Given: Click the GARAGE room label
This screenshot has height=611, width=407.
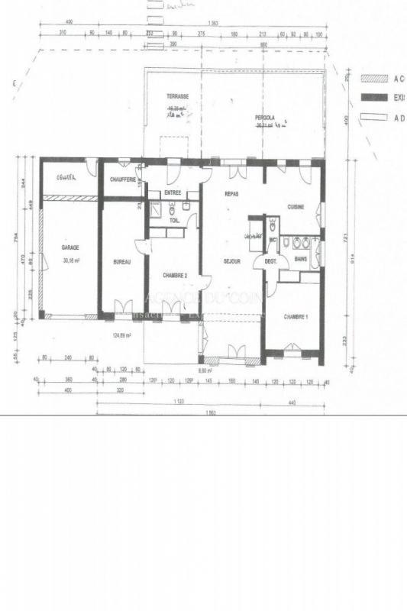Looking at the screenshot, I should tap(70, 247).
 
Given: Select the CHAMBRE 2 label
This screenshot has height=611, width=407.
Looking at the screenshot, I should tap(176, 275).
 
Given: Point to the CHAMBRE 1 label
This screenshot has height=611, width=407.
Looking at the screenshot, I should tap(296, 316).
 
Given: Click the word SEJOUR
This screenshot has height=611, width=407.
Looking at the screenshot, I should tap(232, 261).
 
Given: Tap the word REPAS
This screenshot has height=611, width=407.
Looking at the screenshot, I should tap(232, 195).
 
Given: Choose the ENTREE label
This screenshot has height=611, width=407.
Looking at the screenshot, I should tap(173, 193).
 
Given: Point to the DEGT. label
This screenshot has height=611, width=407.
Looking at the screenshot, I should tap(270, 262).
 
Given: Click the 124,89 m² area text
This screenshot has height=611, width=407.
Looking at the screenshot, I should tap(122, 335).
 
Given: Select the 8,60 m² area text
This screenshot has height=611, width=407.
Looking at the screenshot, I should tap(205, 370).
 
